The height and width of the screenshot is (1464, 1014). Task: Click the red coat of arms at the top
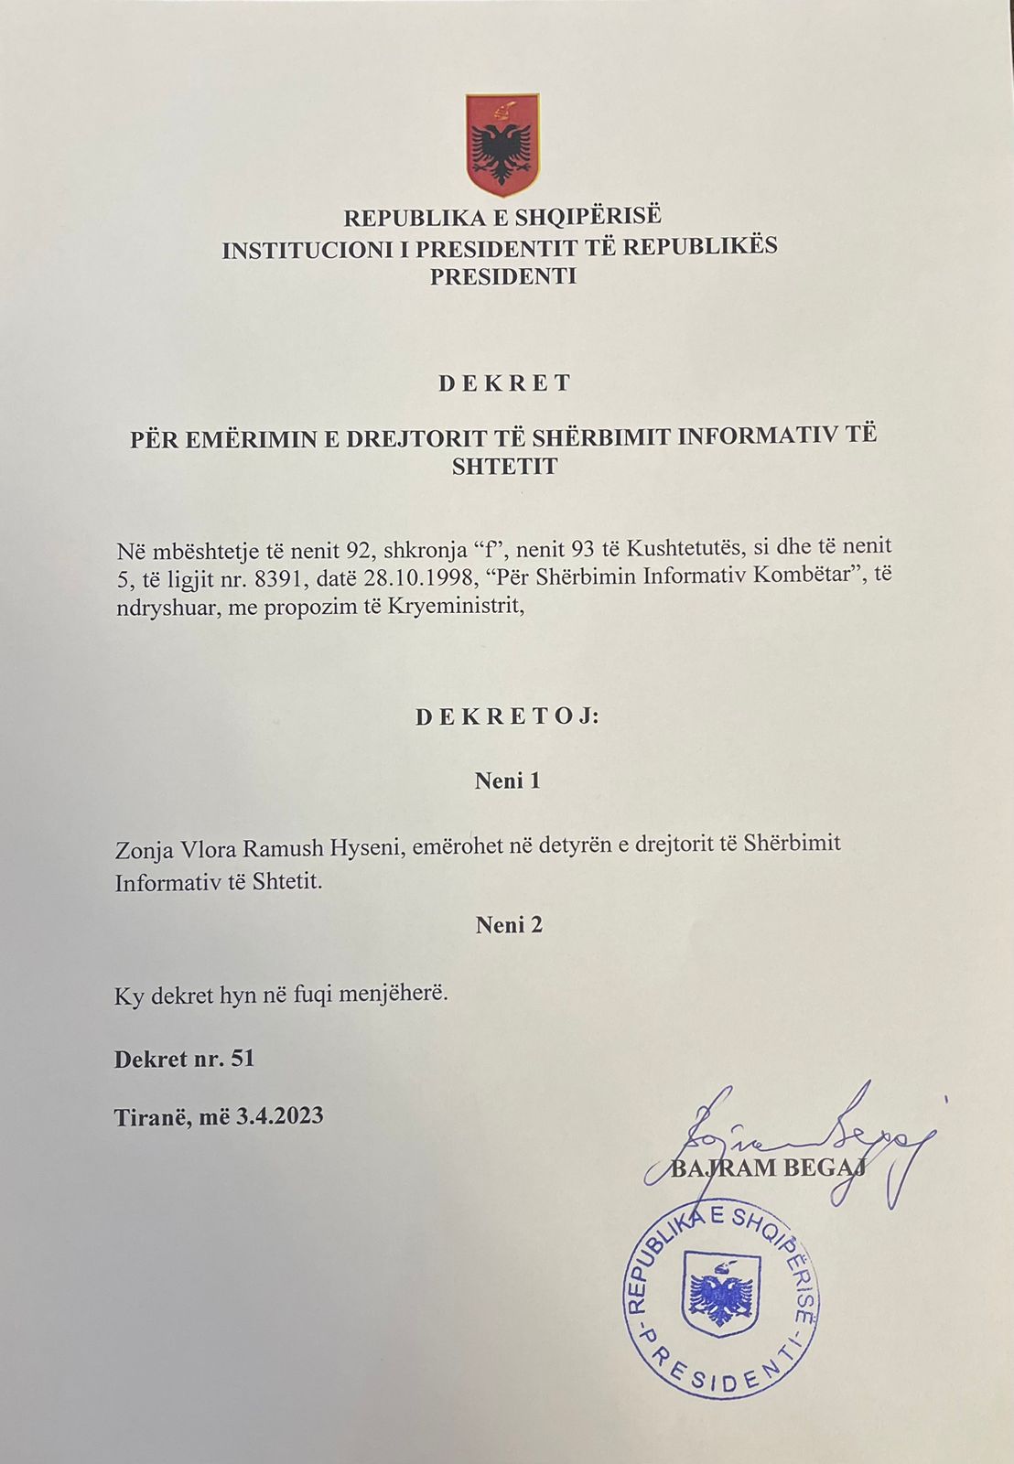coord(502,145)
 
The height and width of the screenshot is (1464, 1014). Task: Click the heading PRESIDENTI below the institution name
coord(503,276)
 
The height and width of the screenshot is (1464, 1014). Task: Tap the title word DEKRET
coord(504,383)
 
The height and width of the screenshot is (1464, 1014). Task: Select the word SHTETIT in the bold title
coord(504,466)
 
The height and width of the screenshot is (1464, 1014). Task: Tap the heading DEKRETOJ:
coord(507,716)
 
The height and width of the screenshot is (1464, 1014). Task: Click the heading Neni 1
coord(507,780)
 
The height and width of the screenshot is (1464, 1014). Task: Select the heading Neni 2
coord(509,925)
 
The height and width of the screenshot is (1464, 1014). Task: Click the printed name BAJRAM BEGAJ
coord(769,1168)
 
